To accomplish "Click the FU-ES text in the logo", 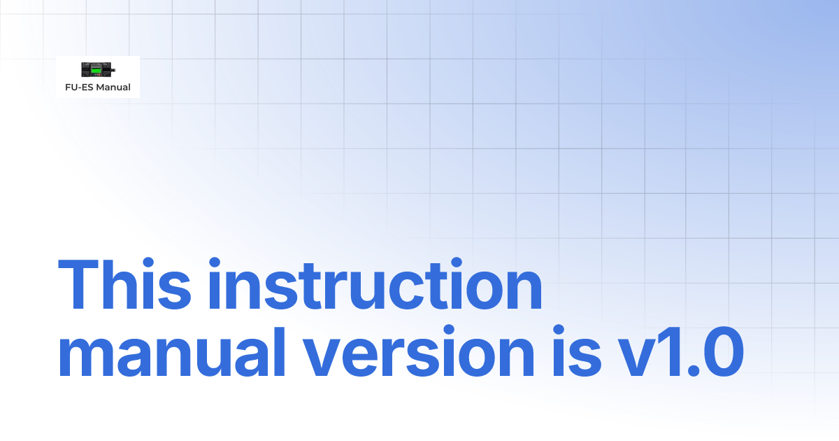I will (x=80, y=87).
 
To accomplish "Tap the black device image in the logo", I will (x=96, y=69).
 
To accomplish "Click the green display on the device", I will (x=96, y=71).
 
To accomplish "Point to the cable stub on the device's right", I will (x=113, y=69).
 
